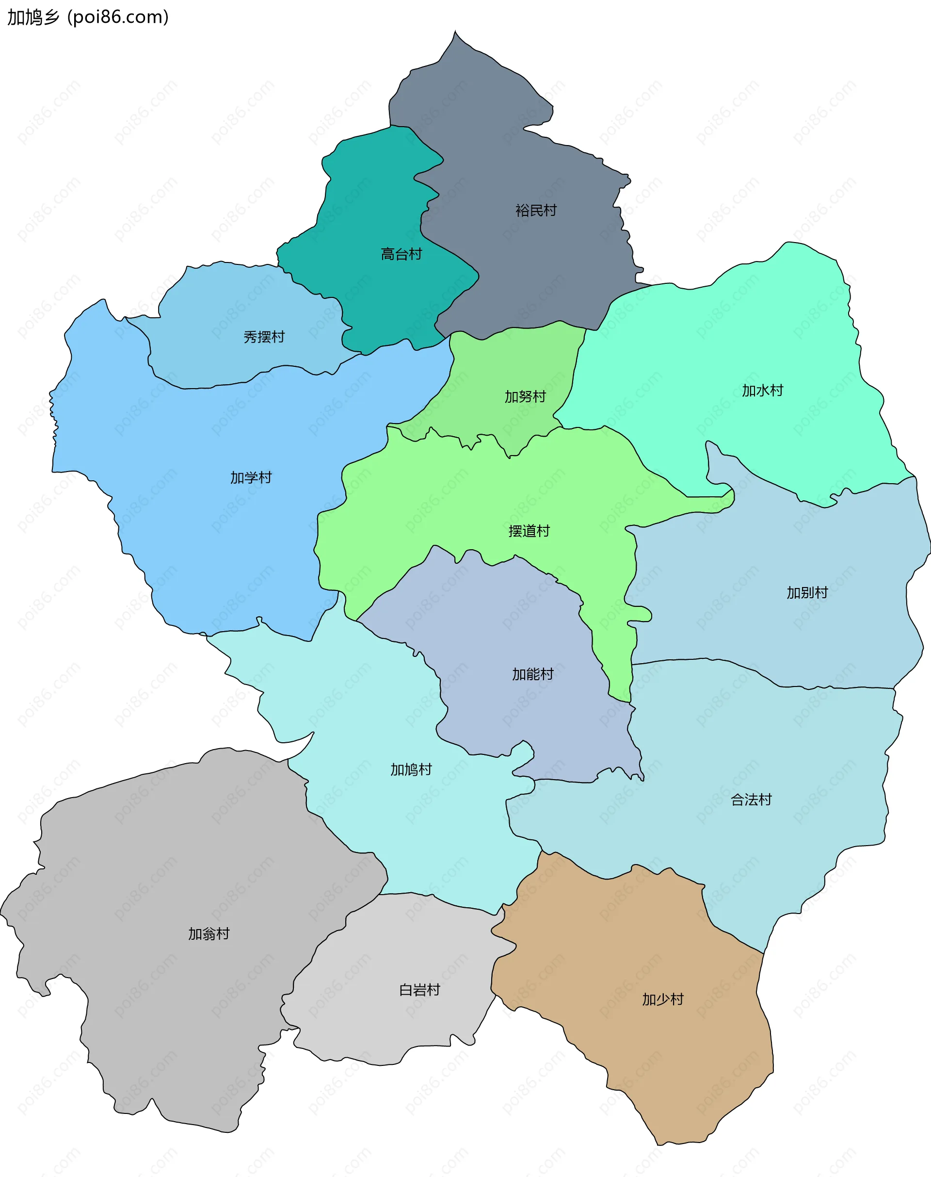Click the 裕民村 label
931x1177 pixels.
(536, 211)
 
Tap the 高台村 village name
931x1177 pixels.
(401, 254)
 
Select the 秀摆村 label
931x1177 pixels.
(264, 337)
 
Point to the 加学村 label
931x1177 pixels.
(251, 478)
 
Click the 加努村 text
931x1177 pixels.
(525, 396)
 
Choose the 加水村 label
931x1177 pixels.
(762, 391)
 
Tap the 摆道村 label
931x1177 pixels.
(529, 531)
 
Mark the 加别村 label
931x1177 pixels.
(807, 592)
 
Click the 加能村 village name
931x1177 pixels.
(532, 675)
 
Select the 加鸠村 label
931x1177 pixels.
(411, 769)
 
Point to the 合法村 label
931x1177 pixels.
(751, 800)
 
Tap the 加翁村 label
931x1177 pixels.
(209, 934)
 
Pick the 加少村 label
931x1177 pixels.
(662, 999)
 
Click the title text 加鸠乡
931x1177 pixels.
(32, 17)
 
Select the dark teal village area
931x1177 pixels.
(376, 207)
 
